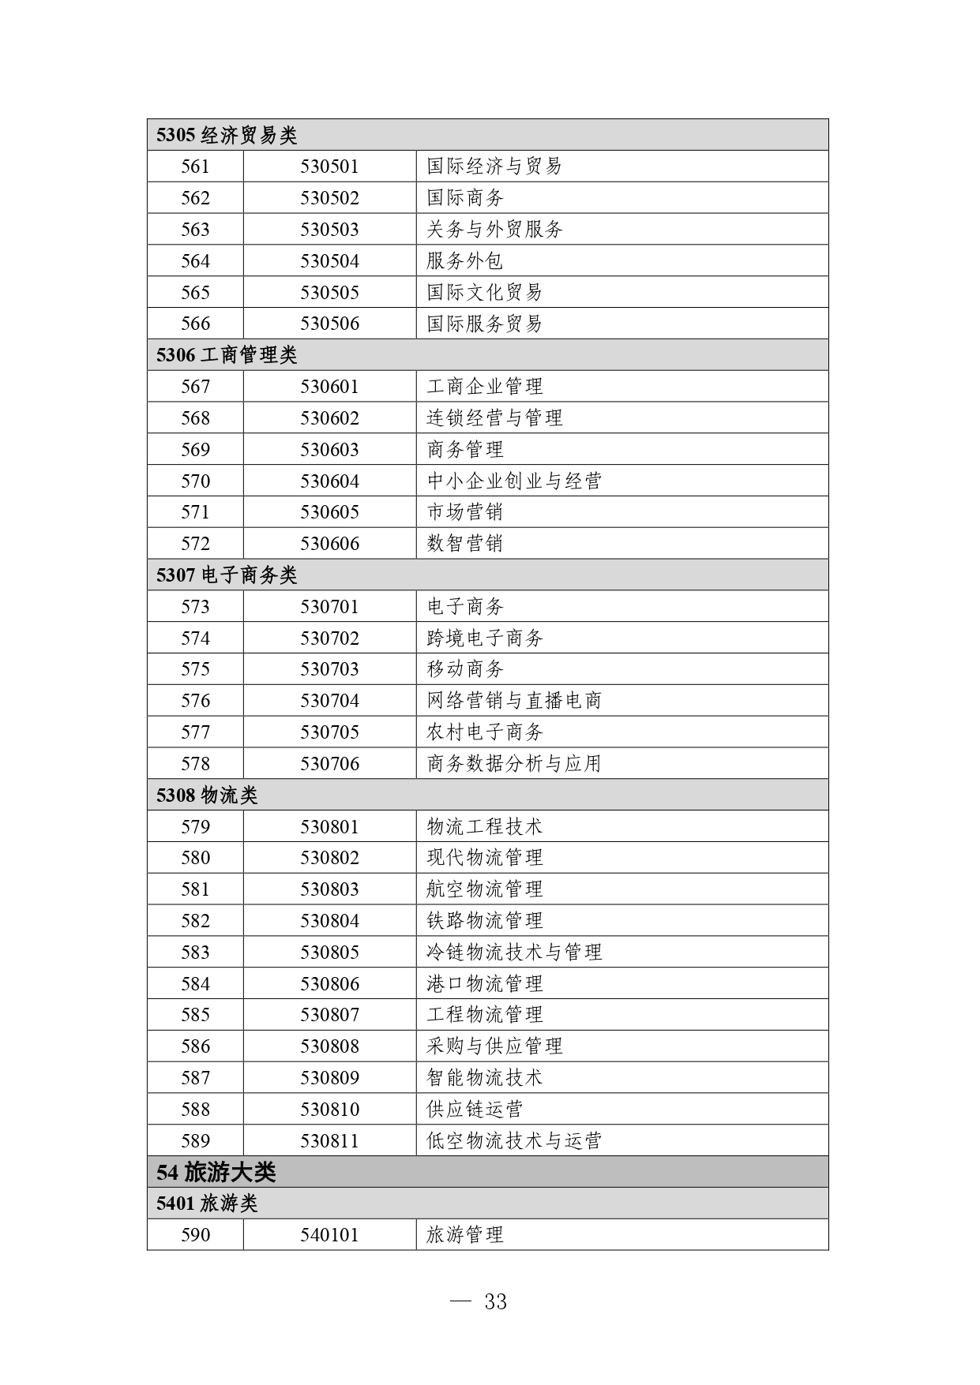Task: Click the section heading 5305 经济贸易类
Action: click(227, 135)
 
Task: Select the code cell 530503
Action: click(329, 230)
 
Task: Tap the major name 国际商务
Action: click(465, 198)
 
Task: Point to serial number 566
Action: click(195, 324)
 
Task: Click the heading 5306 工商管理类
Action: click(227, 355)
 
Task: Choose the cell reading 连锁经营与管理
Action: click(494, 418)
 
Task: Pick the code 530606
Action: click(329, 544)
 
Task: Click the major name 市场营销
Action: click(465, 512)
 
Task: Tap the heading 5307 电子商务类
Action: click(227, 575)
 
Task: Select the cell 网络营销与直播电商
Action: click(514, 701)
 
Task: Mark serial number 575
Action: click(195, 669)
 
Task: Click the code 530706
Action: click(329, 764)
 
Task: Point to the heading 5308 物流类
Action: click(207, 795)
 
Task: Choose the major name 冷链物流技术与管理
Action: click(514, 953)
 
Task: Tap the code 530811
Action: click(329, 1141)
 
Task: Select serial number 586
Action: click(195, 1046)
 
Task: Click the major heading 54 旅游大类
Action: click(216, 1173)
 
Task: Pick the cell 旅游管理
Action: click(465, 1235)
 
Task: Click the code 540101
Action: click(329, 1235)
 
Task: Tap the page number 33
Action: click(495, 1302)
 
